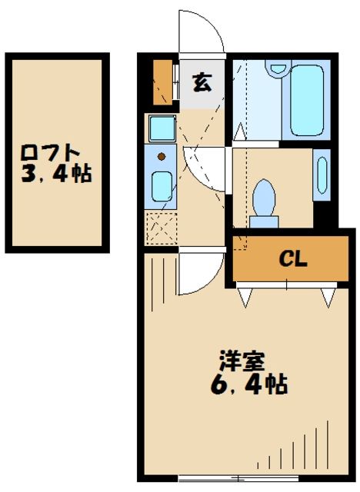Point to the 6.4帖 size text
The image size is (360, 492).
(x=248, y=384)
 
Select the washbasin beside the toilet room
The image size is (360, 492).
(x=321, y=177)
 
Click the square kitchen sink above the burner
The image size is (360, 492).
(x=162, y=127)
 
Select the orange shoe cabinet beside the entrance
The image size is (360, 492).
(x=162, y=81)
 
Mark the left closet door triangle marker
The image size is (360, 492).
(x=246, y=295)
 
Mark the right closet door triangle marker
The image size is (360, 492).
(x=328, y=295)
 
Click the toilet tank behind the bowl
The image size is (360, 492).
(x=264, y=221)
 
